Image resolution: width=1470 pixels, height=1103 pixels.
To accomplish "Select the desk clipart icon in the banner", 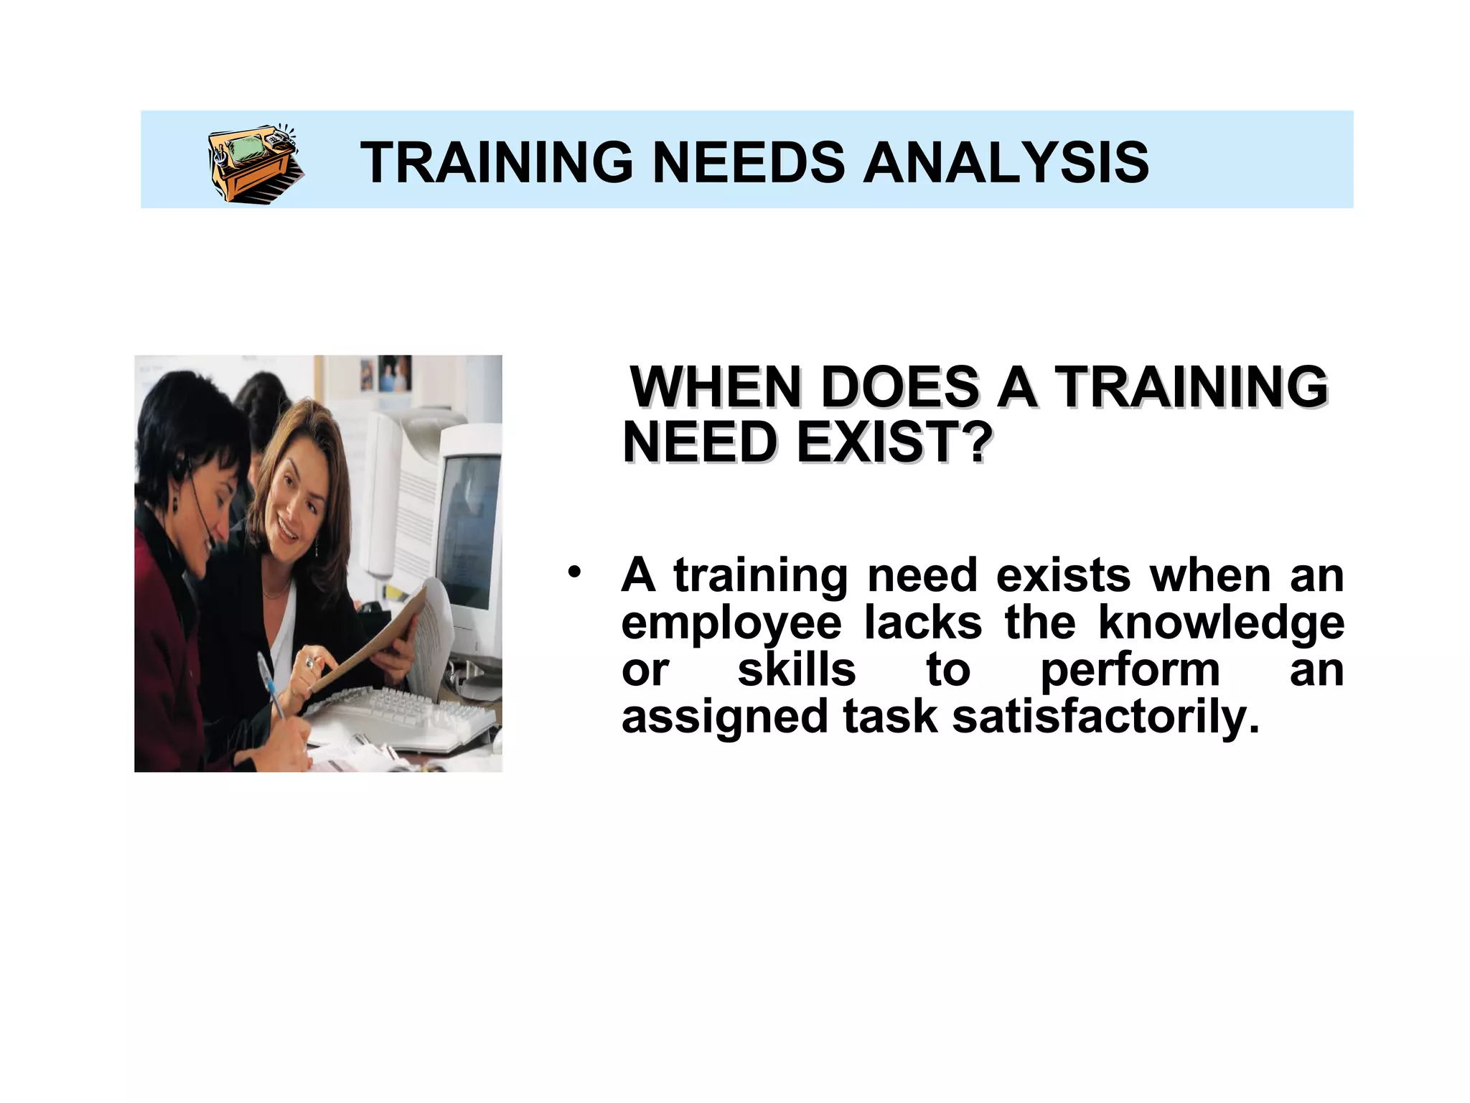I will tap(255, 164).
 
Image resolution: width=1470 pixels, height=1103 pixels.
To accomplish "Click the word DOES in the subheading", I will tap(899, 388).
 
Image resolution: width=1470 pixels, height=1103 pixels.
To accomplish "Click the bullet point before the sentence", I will tap(573, 572).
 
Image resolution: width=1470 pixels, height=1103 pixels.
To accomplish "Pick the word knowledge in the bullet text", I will tap(1221, 623).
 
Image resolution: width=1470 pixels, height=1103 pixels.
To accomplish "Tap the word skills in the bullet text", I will tap(797, 670).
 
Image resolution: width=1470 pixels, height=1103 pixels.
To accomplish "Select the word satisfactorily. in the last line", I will tap(1105, 717).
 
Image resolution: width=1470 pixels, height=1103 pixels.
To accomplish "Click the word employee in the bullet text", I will tap(731, 623).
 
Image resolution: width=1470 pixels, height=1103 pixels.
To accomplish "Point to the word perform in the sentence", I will tap(1130, 670).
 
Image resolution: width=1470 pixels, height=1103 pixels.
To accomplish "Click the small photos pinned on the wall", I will tap(388, 373).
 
